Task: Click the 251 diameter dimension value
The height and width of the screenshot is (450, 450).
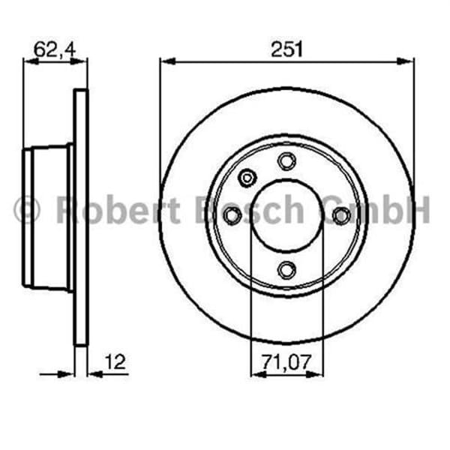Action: pyautogui.click(x=286, y=49)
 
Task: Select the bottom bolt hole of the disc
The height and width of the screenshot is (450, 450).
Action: pyautogui.click(x=286, y=269)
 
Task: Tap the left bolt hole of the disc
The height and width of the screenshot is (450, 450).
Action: pyautogui.click(x=232, y=216)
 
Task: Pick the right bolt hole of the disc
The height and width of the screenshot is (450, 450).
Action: pyautogui.click(x=341, y=216)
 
